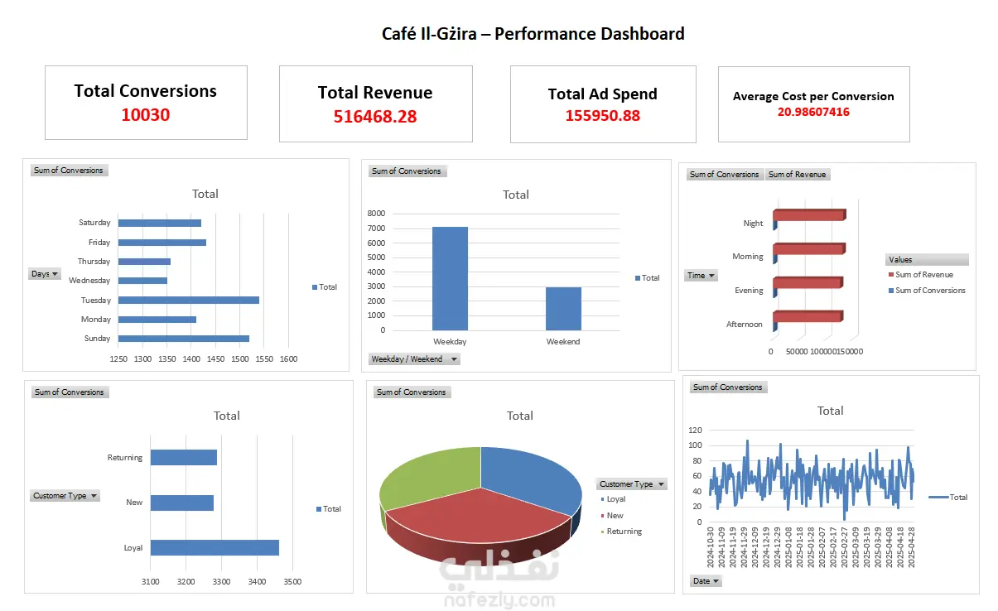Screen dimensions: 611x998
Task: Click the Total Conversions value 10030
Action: tap(146, 115)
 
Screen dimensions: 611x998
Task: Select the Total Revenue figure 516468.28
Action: tap(375, 117)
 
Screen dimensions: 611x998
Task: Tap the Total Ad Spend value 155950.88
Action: tap(602, 116)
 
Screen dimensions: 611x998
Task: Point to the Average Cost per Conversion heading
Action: tap(813, 96)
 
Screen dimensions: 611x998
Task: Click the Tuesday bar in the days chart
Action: tap(189, 300)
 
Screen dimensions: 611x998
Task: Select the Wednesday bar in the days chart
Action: tap(142, 281)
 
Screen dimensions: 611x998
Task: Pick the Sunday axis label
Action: tap(97, 339)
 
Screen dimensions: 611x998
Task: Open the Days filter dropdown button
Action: tap(45, 274)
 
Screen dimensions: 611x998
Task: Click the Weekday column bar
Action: tap(450, 277)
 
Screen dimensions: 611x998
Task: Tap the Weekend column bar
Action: tap(563, 308)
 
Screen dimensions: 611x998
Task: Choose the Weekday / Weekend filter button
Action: tap(414, 359)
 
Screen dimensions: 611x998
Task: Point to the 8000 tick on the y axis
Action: tap(376, 214)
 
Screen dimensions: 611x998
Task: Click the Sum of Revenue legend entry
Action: tap(923, 275)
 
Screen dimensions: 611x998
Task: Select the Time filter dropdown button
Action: tap(701, 276)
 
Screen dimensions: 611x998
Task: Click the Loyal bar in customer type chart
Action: tap(215, 547)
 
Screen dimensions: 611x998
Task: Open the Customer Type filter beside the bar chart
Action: tap(65, 496)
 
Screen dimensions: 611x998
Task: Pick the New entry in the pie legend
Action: tap(615, 516)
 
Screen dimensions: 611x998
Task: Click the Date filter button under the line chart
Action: tap(706, 581)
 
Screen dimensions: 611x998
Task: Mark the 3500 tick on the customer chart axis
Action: tap(292, 582)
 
